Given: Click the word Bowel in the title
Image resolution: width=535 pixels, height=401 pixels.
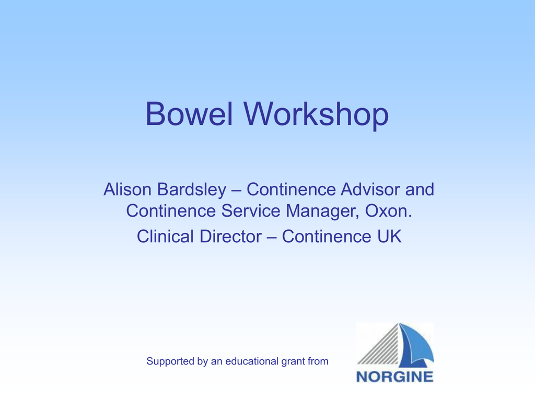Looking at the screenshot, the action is [x=189, y=113].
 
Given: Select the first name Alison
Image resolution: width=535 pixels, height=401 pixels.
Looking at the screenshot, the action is [x=127, y=189].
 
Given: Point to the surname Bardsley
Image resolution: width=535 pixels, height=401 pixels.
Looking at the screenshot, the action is [x=191, y=190].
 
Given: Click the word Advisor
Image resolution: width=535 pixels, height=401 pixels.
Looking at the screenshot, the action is [x=370, y=189].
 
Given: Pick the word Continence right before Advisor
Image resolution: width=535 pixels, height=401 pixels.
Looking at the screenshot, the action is [x=291, y=189].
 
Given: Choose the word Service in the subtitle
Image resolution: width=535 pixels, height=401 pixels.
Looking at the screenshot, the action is [x=251, y=210].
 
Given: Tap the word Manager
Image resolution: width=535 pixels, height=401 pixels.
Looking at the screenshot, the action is [x=322, y=211].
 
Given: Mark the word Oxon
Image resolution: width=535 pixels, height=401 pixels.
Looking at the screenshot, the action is [x=389, y=210].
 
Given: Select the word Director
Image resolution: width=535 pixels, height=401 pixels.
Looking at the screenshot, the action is [x=230, y=236].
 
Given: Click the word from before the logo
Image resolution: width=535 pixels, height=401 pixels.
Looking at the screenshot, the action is [x=317, y=361].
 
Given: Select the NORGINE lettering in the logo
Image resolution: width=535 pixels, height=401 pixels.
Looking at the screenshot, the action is [x=395, y=377].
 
